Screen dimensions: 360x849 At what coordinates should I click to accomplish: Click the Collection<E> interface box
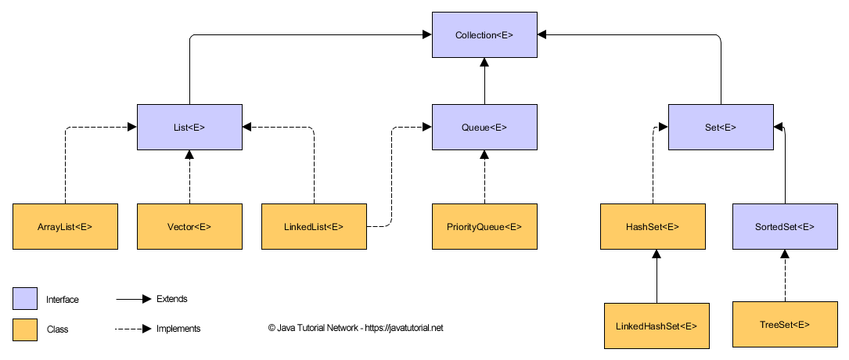pos(484,34)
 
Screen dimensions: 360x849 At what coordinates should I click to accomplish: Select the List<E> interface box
pos(189,126)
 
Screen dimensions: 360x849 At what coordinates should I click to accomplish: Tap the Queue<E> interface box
pos(484,126)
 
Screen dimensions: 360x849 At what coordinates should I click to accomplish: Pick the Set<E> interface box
pos(720,126)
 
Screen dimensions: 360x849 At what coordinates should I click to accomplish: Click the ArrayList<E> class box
pos(65,227)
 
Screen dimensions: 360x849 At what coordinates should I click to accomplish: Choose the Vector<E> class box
pos(189,227)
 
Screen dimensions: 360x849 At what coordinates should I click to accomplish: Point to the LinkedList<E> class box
pos(314,227)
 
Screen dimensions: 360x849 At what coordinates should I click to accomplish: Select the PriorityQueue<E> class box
pos(484,227)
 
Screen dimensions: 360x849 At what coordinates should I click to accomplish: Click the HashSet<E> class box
pos(653,227)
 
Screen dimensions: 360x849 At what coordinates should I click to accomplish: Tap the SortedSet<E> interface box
pos(784,227)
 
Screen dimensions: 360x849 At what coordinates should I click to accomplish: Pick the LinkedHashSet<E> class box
pos(657,325)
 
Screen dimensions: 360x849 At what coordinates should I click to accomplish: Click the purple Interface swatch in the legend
pos(25,299)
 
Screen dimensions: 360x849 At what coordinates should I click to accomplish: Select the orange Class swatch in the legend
pos(25,329)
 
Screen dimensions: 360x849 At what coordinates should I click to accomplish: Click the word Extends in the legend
pos(171,299)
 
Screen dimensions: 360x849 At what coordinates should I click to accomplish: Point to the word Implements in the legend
pos(178,329)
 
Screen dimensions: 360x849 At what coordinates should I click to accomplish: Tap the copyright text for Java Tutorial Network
pos(355,329)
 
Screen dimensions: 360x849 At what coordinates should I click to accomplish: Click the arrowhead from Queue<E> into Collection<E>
pos(484,63)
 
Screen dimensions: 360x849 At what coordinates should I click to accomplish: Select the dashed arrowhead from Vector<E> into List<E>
pos(189,155)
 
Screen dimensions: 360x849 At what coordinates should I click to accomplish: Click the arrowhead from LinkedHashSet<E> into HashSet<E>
pos(657,256)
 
